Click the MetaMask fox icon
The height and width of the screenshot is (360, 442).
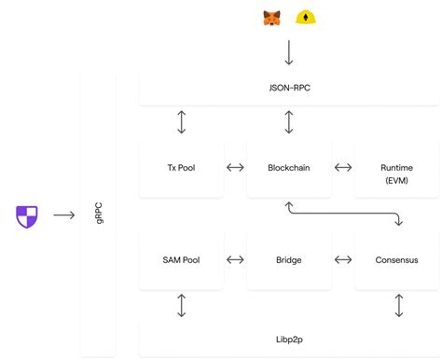coord(271,18)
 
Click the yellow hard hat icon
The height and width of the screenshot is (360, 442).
coord(305,18)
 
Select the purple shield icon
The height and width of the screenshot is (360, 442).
coord(27,215)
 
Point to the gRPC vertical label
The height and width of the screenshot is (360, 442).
coord(99,215)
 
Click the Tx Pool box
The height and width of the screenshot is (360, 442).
coord(181,168)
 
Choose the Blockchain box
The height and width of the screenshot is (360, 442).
coord(289,168)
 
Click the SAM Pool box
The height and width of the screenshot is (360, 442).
coord(181,260)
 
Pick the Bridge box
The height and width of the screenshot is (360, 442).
coord(289,260)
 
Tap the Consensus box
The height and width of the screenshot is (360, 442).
coord(396,260)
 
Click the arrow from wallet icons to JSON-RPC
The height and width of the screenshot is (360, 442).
coord(289,51)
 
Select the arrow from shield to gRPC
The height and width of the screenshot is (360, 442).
coord(63,215)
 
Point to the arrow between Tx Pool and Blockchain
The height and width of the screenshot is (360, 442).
coord(235,168)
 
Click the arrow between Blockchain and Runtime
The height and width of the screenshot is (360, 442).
coord(343,168)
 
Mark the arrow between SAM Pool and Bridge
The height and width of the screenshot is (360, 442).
coord(235,260)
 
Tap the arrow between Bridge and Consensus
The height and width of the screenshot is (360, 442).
coord(343,260)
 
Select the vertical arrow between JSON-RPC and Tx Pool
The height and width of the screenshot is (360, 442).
coord(181,121)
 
